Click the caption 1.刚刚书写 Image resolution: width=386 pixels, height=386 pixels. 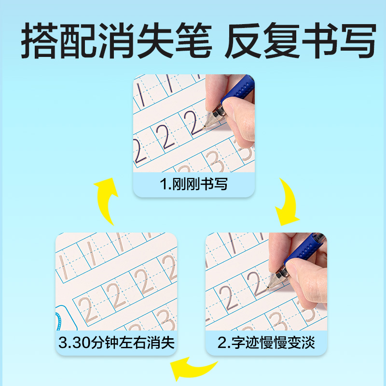click(193, 185)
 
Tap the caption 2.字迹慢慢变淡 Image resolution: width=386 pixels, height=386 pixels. click(267, 344)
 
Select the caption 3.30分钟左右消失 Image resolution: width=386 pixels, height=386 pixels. click(116, 344)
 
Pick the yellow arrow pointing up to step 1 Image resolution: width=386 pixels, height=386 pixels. click(107, 200)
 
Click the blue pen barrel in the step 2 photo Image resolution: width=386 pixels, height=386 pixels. click(304, 248)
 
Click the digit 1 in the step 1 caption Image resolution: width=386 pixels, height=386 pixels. click(162, 185)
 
